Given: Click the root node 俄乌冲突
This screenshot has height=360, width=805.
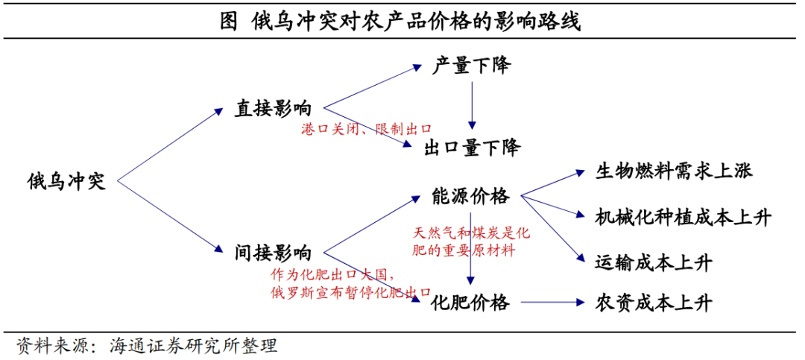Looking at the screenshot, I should coord(67,181).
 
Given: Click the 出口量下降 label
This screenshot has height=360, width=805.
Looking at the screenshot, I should coord(472,148).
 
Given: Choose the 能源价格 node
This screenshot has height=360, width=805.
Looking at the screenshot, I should coord(470,196).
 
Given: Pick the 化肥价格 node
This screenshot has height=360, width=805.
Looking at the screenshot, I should coord(470,303).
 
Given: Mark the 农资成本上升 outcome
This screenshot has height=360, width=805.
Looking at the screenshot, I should coord(654,303).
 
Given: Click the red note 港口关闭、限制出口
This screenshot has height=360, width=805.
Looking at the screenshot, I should coord(366,129).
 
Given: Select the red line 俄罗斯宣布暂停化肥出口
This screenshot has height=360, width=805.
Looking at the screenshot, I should coord(352,291).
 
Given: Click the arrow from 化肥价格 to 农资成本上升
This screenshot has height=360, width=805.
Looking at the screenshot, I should coord(552,303).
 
